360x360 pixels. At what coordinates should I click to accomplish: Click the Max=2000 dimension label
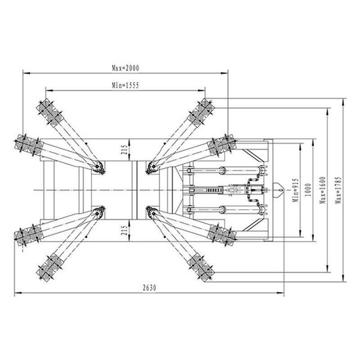pyautogui.click(x=126, y=68)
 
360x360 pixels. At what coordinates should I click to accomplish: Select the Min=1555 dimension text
pyautogui.click(x=126, y=85)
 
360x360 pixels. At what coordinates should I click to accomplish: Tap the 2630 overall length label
pyautogui.click(x=149, y=288)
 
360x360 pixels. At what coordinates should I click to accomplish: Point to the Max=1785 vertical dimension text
pyautogui.click(x=338, y=190)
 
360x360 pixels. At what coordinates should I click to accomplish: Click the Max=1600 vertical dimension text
pyautogui.click(x=322, y=190)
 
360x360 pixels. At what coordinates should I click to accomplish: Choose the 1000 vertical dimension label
pyautogui.click(x=308, y=189)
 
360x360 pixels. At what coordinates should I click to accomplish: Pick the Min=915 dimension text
pyautogui.click(x=296, y=190)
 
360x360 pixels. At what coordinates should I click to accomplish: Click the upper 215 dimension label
pyautogui.click(x=124, y=150)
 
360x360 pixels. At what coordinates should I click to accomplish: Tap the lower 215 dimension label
pyautogui.click(x=124, y=230)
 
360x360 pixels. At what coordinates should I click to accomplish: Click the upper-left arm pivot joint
pyautogui.click(x=98, y=166)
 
